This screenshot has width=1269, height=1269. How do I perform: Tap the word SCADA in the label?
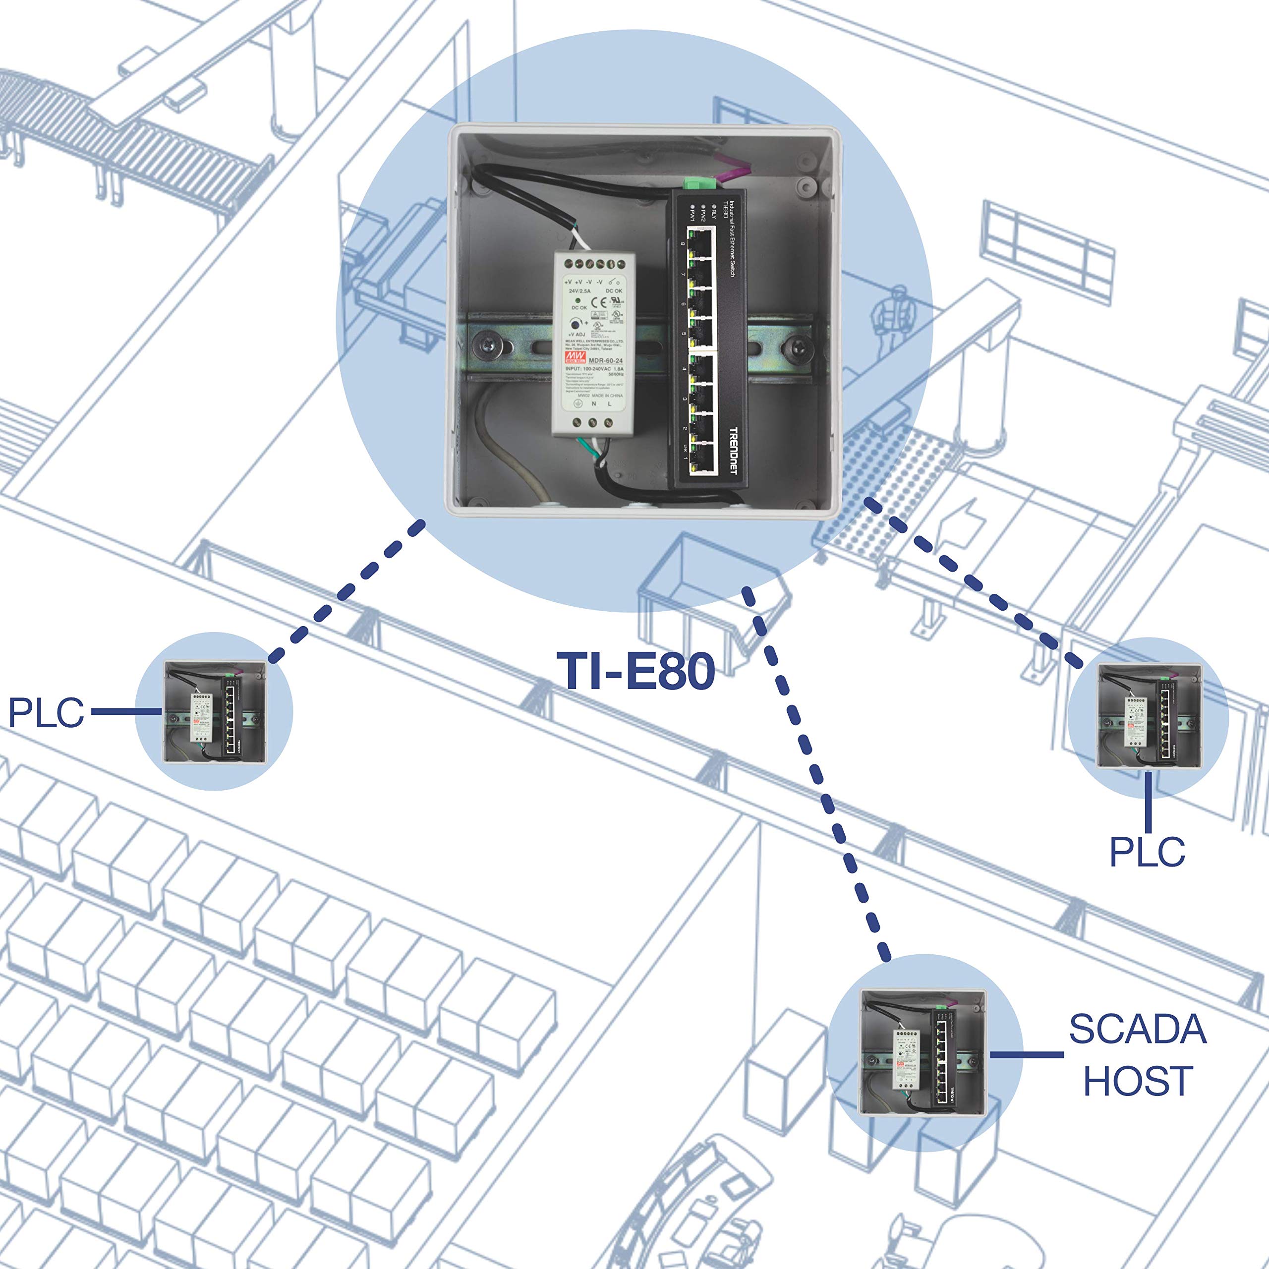pos(1138,1029)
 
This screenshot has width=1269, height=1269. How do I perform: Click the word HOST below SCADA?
pos(1138,1081)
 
